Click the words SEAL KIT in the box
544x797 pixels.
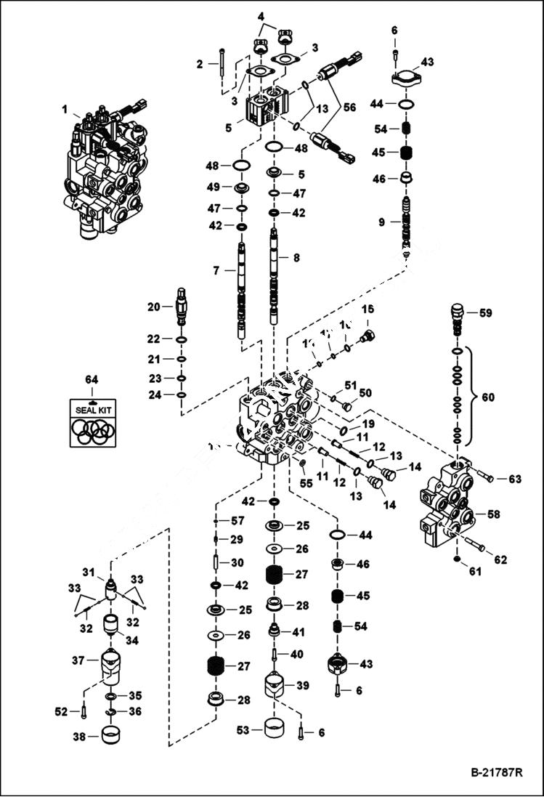tap(92, 409)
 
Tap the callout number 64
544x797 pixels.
tap(92, 379)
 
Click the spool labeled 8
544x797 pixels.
tap(275, 276)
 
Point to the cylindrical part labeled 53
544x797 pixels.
tap(277, 727)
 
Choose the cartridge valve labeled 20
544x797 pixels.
tap(181, 308)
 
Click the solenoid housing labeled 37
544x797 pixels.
tap(112, 667)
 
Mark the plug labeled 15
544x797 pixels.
tap(368, 336)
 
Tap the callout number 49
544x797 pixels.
tap(212, 187)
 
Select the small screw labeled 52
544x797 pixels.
tap(84, 711)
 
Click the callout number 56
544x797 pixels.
tap(349, 106)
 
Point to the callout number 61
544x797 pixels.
tap(474, 572)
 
